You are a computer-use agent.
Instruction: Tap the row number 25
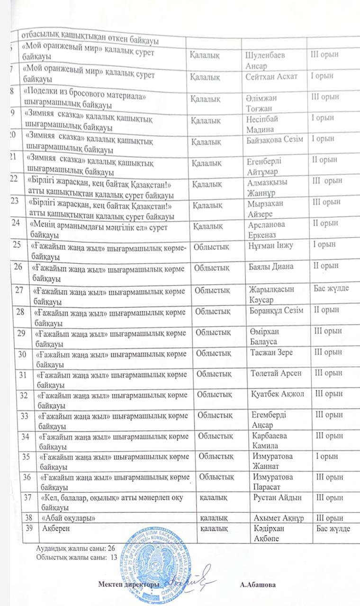tap(18, 245)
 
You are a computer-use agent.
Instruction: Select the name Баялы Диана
tap(271, 266)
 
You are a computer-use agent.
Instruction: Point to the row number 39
tap(28, 528)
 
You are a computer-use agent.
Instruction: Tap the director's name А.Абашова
tap(258, 585)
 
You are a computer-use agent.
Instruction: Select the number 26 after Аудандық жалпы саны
tap(112, 548)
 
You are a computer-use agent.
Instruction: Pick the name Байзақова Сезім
tap(277, 139)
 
